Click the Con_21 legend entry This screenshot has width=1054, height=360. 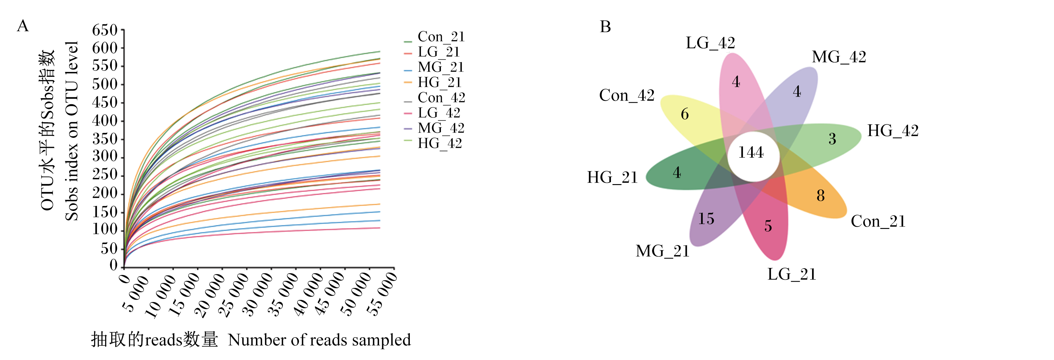click(x=435, y=37)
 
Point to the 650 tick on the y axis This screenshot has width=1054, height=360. click(x=105, y=30)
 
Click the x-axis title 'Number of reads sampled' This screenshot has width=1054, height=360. click(x=319, y=340)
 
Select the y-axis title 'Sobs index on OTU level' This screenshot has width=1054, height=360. click(x=72, y=131)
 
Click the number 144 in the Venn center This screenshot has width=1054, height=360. click(x=751, y=153)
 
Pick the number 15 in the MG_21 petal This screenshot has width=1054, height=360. click(x=706, y=219)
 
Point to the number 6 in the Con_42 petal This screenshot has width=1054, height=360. click(x=684, y=114)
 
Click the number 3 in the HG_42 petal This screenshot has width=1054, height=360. click(x=832, y=139)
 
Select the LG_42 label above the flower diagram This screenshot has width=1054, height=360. click(x=710, y=43)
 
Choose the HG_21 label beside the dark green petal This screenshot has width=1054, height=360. click(x=612, y=177)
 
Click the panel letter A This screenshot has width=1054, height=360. click(x=23, y=26)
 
